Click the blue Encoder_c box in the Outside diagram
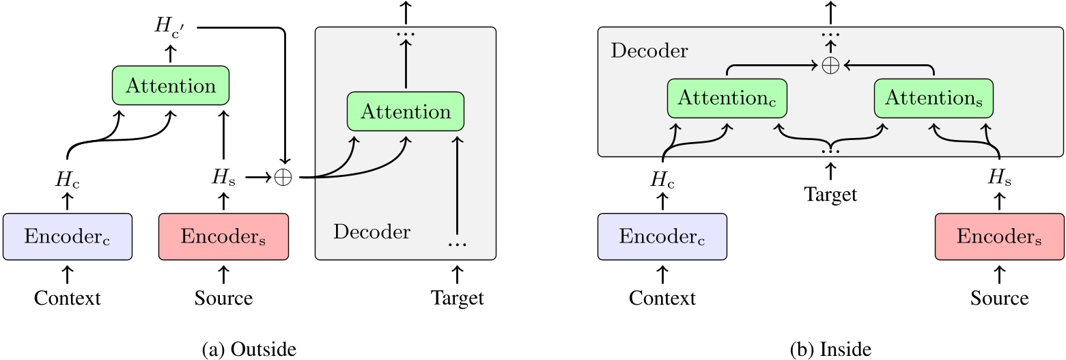[x=67, y=236]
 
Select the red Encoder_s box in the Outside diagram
[x=223, y=236]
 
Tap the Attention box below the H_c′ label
[x=170, y=86]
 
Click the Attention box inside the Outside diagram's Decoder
[x=406, y=111]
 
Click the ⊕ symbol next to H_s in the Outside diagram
[x=282, y=178]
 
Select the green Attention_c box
[x=727, y=98]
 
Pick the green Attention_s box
[x=934, y=98]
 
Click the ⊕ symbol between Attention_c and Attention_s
[x=830, y=66]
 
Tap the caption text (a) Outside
[x=251, y=350]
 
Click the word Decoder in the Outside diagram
[x=371, y=232]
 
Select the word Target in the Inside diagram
[x=830, y=195]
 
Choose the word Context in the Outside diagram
[x=67, y=299]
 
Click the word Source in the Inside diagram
[x=999, y=299]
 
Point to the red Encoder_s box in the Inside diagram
[x=999, y=236]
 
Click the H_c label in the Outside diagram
[x=67, y=178]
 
